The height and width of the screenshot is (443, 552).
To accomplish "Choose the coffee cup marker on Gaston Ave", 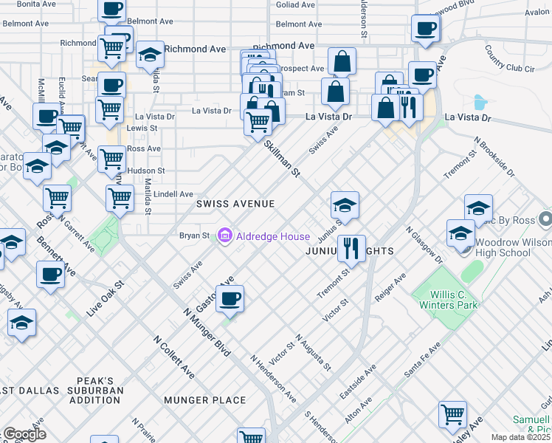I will [x=230, y=298].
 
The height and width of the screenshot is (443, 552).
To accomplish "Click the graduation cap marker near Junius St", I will [x=345, y=204].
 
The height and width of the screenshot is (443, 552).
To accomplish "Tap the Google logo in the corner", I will [x=24, y=433].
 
